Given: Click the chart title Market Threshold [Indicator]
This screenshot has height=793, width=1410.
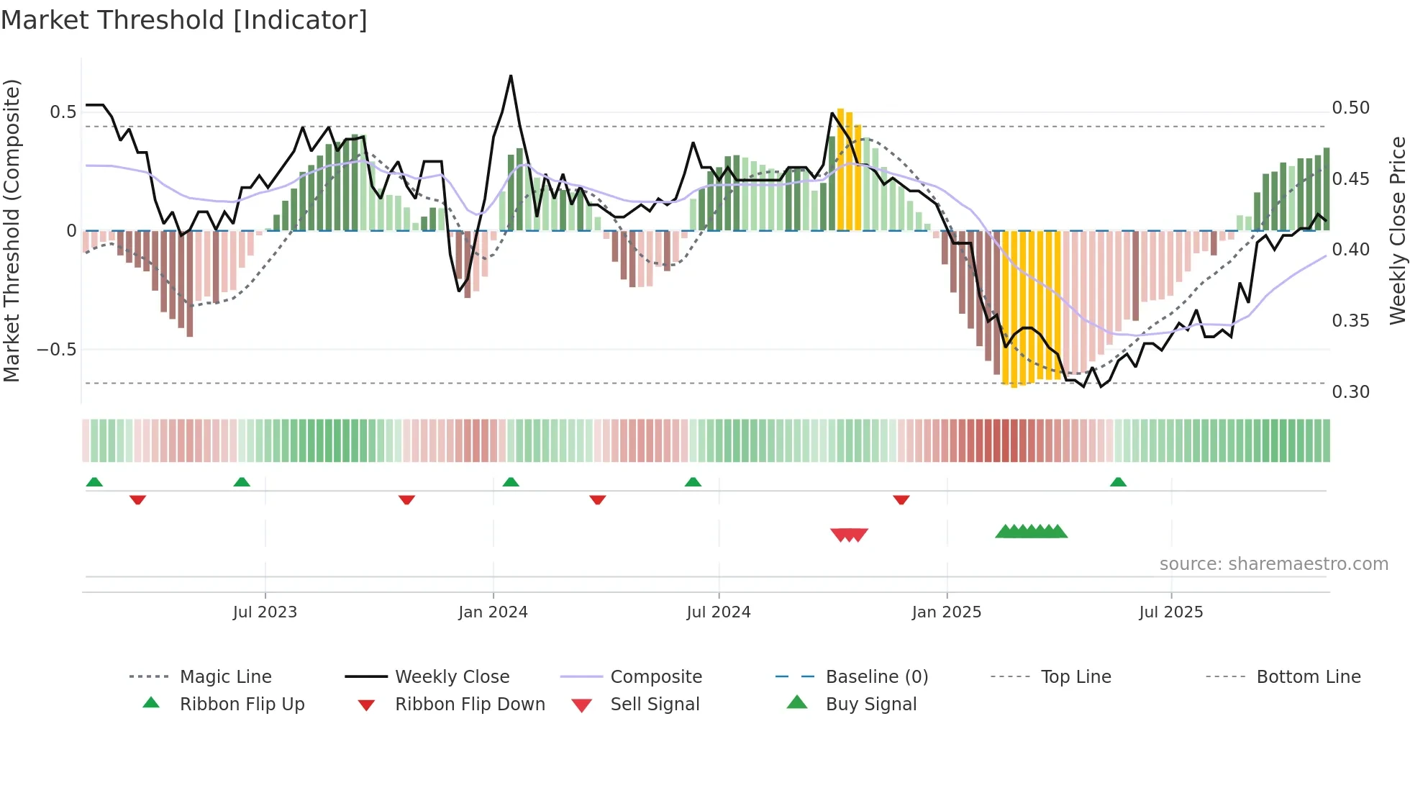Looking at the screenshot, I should click(x=184, y=20).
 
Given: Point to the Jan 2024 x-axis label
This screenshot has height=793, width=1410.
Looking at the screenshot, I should click(x=493, y=612).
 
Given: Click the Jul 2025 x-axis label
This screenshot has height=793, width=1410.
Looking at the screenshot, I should click(x=1170, y=612).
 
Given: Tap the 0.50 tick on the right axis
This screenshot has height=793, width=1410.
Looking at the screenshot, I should click(x=1350, y=108).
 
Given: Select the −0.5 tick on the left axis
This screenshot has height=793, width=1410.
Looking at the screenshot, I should click(x=56, y=350).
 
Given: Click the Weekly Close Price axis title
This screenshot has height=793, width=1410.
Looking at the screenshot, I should click(x=1397, y=230).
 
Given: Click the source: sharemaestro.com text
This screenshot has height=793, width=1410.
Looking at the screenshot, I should click(x=1273, y=564).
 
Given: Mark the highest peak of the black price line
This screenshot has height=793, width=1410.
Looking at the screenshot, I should click(x=511, y=76).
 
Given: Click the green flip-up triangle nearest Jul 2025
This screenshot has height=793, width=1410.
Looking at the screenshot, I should click(x=1118, y=482).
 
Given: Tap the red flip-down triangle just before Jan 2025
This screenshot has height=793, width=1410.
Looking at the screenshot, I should click(x=901, y=499).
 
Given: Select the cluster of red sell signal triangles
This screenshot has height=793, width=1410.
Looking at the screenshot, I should click(x=849, y=535).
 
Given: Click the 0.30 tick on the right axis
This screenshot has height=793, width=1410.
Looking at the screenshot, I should click(x=1350, y=392).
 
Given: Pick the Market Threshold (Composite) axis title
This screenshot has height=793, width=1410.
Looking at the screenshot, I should click(x=12, y=230).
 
